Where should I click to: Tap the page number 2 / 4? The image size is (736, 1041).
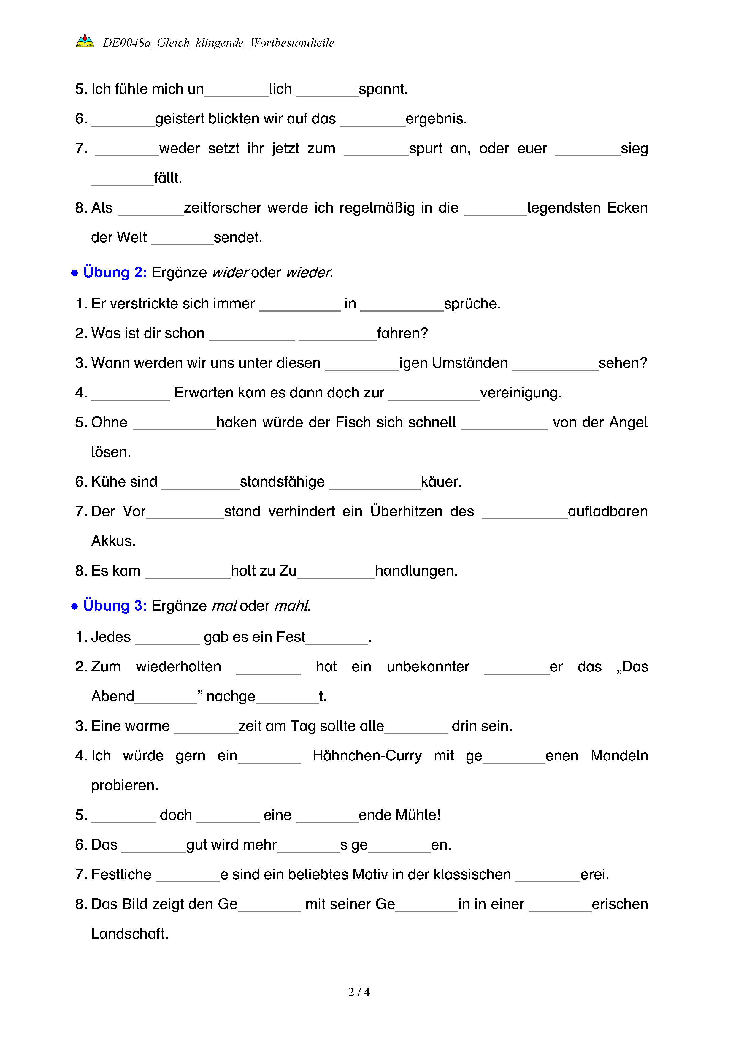[x=359, y=992]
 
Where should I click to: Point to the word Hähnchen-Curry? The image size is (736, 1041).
[x=367, y=755]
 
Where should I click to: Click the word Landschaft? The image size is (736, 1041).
[x=130, y=934]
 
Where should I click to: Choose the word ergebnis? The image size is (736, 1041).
[x=436, y=119]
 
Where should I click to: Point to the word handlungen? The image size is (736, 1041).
[x=416, y=571]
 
